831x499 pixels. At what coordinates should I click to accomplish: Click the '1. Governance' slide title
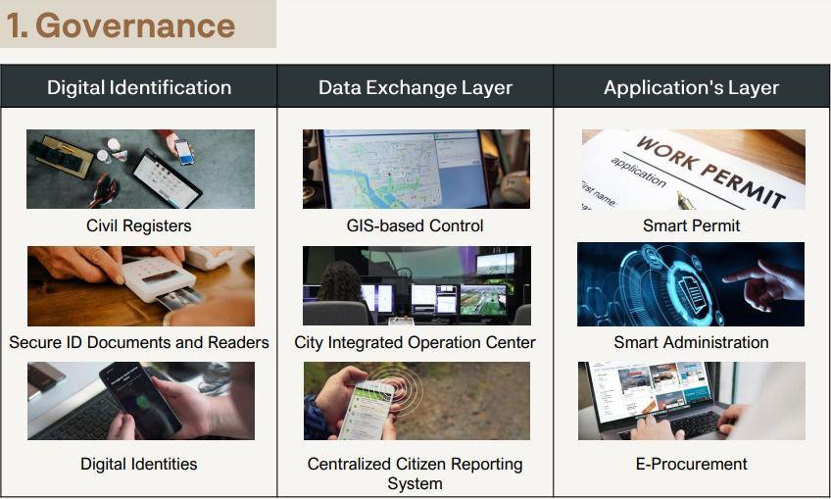(x=121, y=25)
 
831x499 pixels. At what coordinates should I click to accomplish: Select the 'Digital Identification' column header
(x=139, y=87)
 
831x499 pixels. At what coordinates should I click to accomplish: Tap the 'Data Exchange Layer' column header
(x=415, y=87)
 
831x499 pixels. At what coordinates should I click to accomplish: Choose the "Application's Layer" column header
(x=691, y=87)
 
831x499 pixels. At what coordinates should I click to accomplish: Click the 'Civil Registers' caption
(x=139, y=225)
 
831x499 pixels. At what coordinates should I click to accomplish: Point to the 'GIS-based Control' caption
(x=415, y=225)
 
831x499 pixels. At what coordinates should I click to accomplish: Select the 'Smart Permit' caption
(x=691, y=225)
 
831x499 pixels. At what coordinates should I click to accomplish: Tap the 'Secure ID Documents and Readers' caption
(x=139, y=342)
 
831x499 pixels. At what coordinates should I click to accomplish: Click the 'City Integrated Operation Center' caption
(x=415, y=342)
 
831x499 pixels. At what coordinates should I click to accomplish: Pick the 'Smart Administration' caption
(x=691, y=342)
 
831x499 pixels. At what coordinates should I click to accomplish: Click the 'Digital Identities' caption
(x=139, y=464)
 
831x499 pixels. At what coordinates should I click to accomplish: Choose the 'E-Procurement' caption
(x=691, y=464)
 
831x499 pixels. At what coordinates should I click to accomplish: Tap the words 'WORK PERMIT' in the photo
(x=710, y=171)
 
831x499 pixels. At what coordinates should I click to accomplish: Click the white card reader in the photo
(x=159, y=279)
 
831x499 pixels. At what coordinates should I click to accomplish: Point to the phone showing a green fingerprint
(x=140, y=398)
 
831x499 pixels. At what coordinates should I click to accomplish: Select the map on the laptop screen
(x=381, y=169)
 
